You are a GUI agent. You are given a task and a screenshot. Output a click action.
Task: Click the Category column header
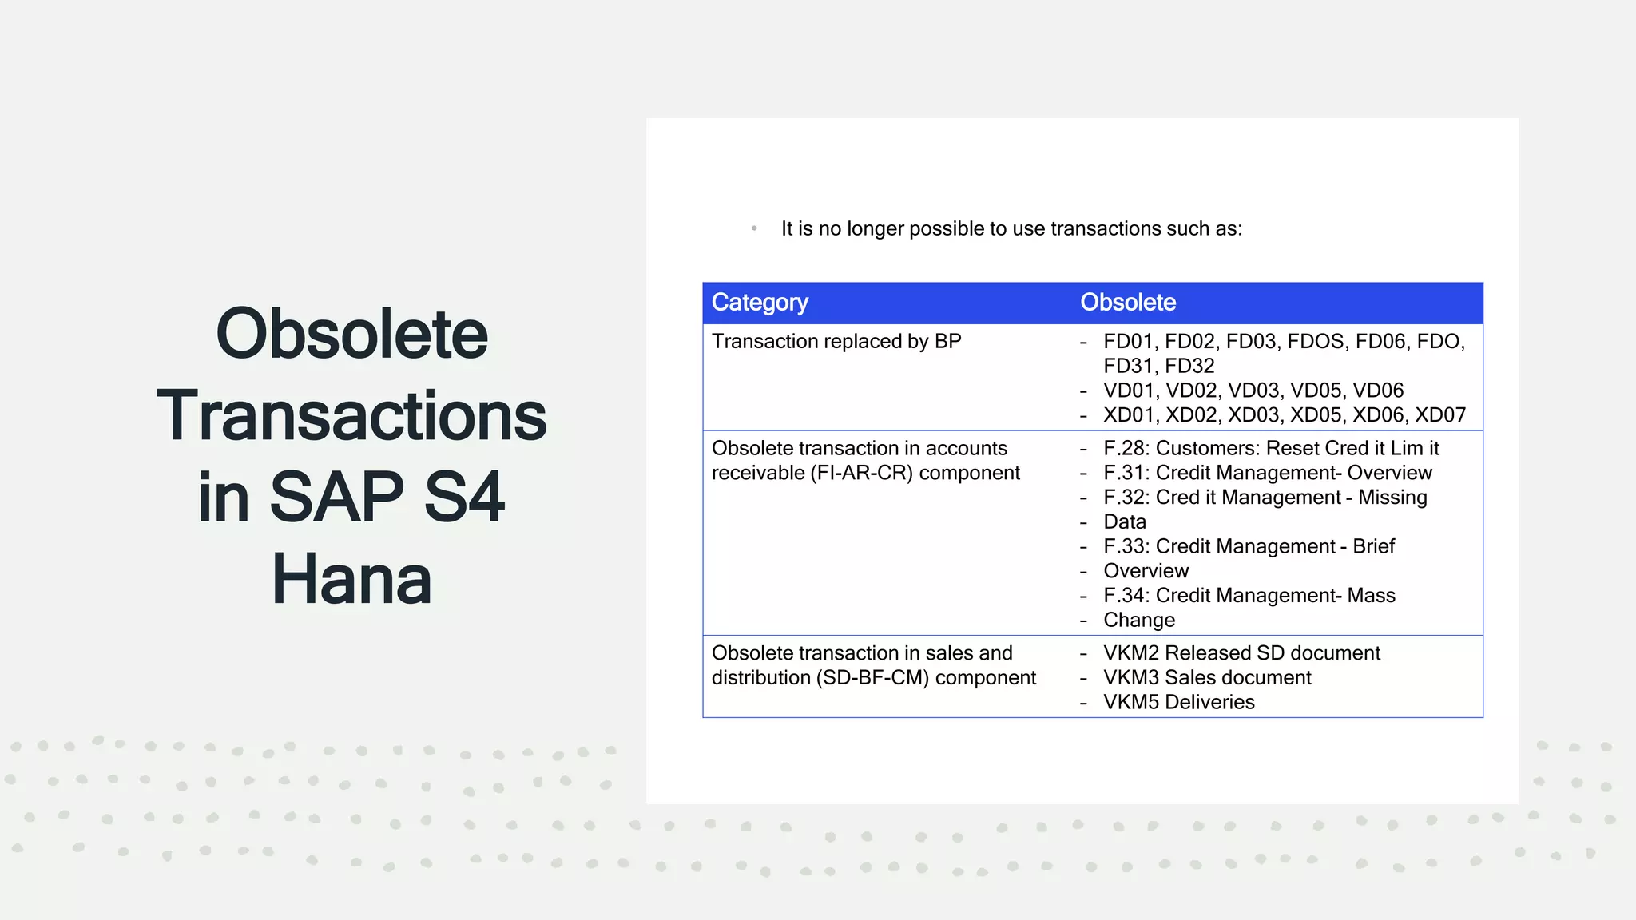pyautogui.click(x=760, y=303)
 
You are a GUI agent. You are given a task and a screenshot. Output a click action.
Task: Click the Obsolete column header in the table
pyautogui.click(x=1128, y=303)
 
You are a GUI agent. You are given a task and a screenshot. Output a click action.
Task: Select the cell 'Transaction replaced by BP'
pyautogui.click(x=836, y=342)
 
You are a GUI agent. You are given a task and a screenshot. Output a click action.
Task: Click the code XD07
pyautogui.click(x=1440, y=415)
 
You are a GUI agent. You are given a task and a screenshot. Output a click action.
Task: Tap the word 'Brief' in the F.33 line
pyautogui.click(x=1373, y=547)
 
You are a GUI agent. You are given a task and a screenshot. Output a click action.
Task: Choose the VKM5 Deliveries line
pyautogui.click(x=1178, y=703)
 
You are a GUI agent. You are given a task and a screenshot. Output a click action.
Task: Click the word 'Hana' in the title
pyautogui.click(x=351, y=580)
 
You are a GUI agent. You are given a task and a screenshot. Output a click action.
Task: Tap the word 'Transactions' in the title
pyautogui.click(x=351, y=416)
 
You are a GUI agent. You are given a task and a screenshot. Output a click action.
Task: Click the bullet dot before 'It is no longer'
pyautogui.click(x=754, y=229)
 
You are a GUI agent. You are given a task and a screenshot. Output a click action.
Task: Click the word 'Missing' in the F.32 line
pyautogui.click(x=1392, y=498)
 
